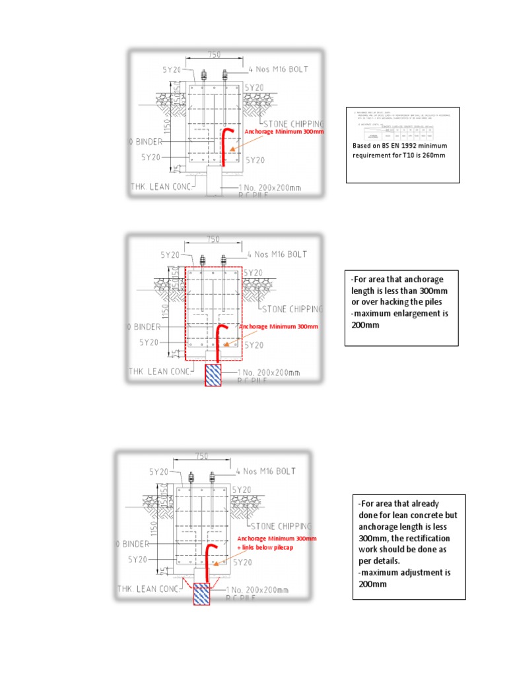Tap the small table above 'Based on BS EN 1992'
point(402,125)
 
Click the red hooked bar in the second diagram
point(220,341)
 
